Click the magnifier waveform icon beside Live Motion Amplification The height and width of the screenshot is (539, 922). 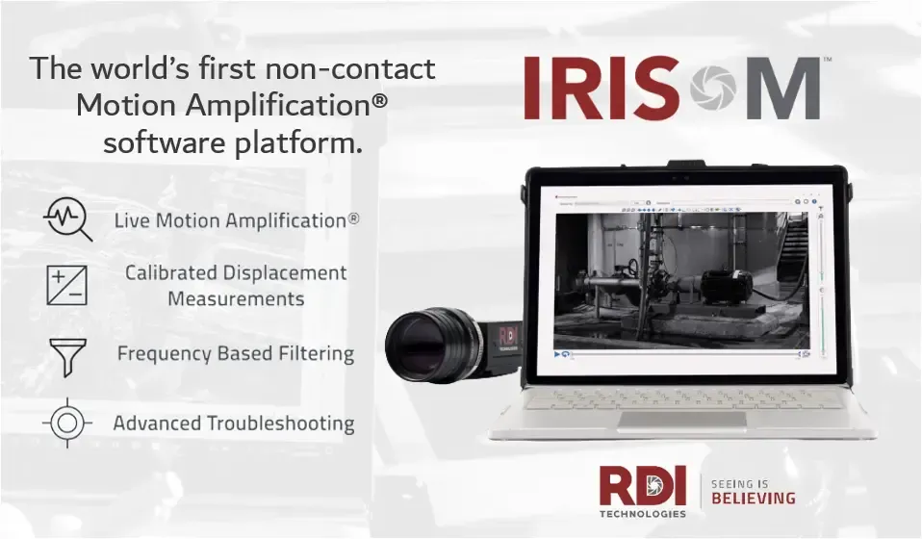[67, 218]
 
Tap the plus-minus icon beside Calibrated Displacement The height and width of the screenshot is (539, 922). [66, 285]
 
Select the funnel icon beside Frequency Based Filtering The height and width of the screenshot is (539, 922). [67, 356]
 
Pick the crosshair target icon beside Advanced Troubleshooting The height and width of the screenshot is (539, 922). [67, 423]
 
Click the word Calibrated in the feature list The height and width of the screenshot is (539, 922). [170, 273]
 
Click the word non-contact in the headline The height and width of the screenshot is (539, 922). [364, 69]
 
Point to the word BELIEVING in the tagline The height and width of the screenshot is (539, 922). [754, 498]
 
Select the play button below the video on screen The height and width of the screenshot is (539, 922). [558, 353]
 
